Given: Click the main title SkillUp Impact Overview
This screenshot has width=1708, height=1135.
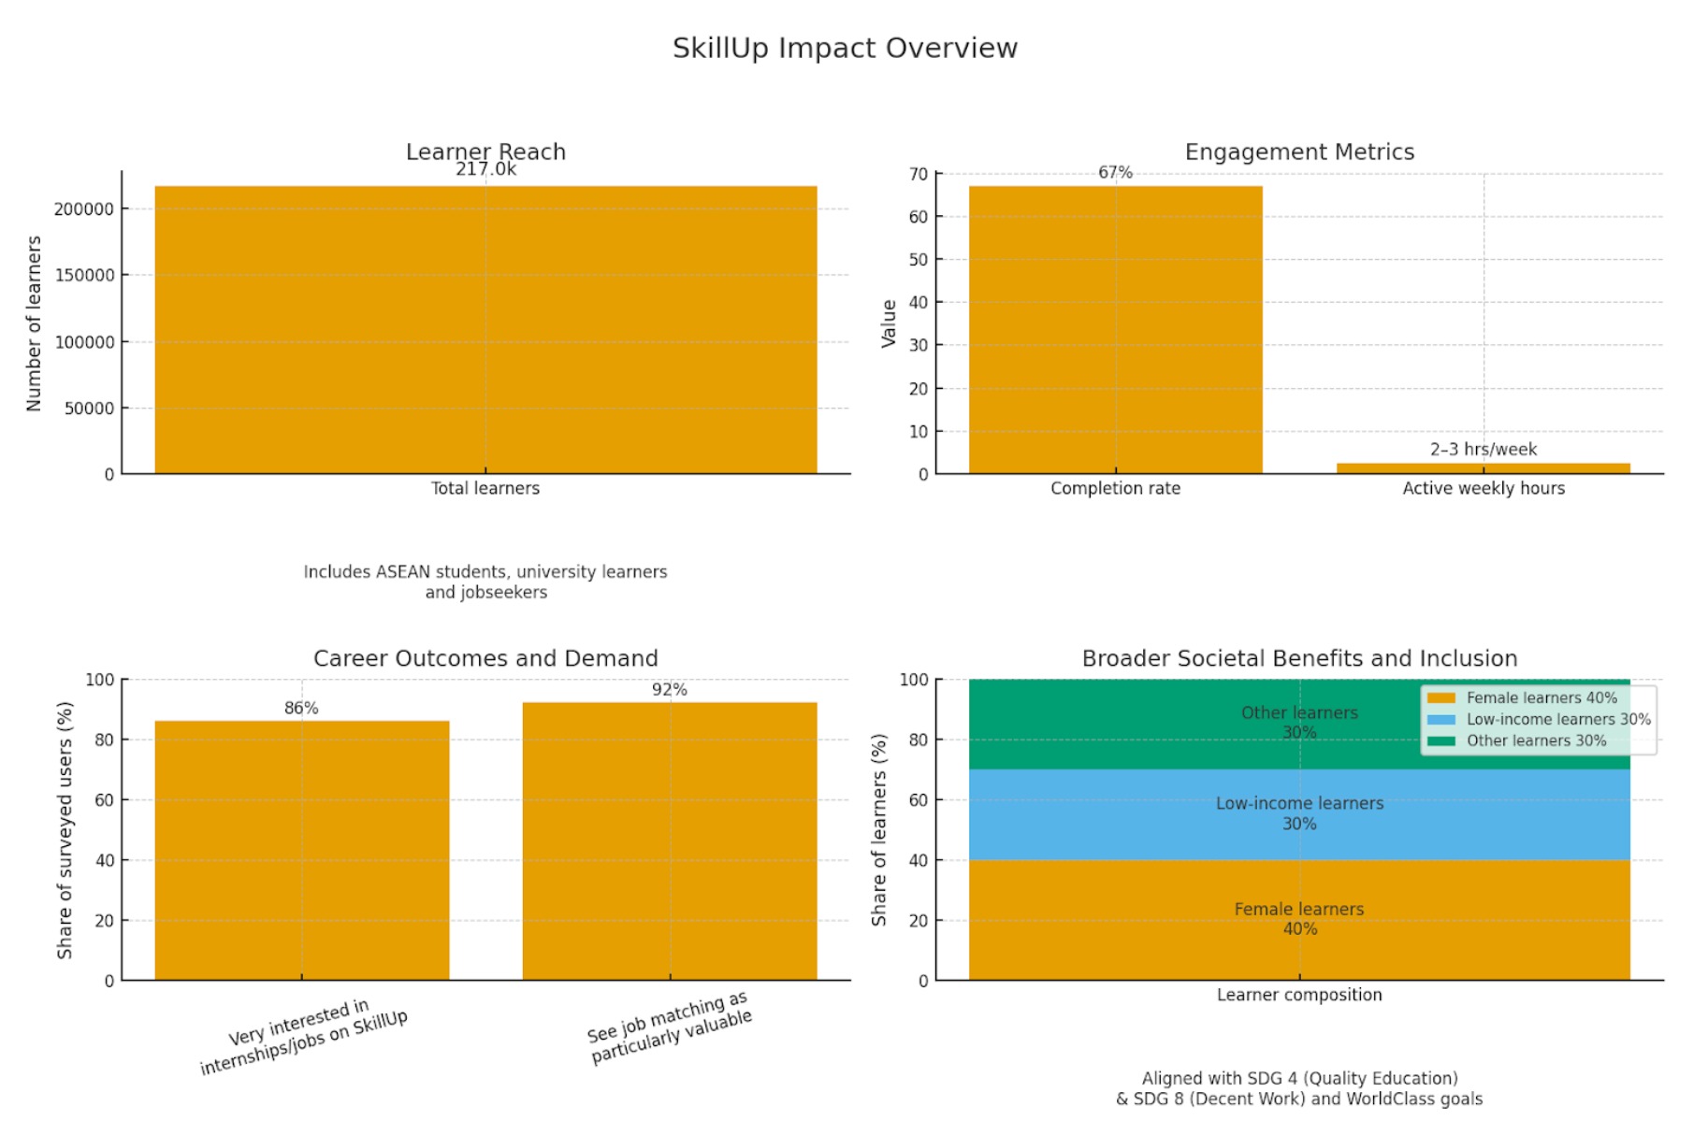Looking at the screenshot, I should [x=845, y=49].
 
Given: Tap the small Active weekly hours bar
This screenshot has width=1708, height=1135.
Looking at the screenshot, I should [x=1483, y=468].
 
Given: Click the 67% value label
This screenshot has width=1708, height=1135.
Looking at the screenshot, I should [x=1115, y=173].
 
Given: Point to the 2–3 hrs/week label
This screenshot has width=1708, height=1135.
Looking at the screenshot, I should [x=1483, y=450].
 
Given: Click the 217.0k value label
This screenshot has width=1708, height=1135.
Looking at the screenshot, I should [x=485, y=169].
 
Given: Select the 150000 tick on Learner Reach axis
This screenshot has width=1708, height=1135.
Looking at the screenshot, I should [x=85, y=276].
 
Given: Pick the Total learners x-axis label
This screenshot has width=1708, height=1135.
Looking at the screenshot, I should [x=485, y=488].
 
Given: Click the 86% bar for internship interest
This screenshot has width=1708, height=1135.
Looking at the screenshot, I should [x=301, y=850].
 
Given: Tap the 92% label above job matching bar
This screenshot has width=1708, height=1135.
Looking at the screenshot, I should [x=670, y=690].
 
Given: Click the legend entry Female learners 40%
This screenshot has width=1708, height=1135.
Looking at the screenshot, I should [x=1541, y=698].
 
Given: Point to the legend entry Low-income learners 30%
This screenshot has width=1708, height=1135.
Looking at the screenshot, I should [x=1557, y=720].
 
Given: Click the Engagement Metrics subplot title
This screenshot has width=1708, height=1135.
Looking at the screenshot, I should [x=1299, y=152].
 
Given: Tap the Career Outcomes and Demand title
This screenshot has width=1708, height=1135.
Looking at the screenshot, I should [x=485, y=659].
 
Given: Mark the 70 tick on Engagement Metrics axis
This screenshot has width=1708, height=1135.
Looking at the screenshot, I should [x=919, y=175].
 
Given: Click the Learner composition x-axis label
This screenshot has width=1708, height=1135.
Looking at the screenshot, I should [x=1299, y=996].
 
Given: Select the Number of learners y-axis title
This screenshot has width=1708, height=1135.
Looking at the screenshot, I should [x=35, y=323].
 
